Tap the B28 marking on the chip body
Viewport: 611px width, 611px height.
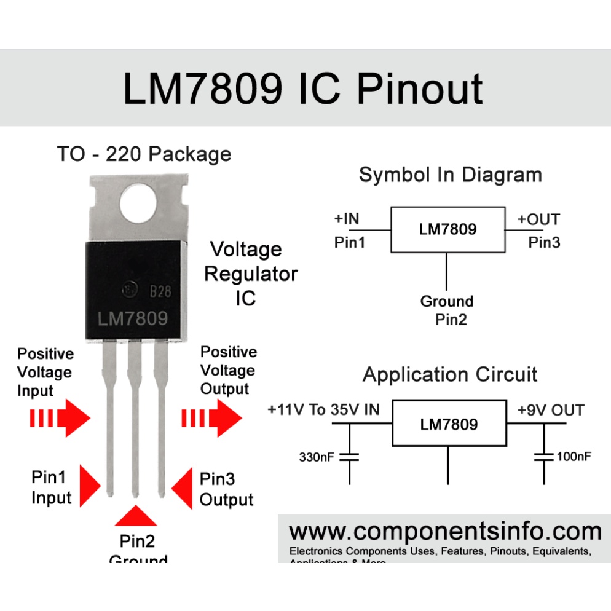(x=160, y=292)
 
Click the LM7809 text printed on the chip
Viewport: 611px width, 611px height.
(x=133, y=319)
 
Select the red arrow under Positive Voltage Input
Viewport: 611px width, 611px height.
(x=60, y=419)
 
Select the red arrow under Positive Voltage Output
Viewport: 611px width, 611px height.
(x=212, y=419)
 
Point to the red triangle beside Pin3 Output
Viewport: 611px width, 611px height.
(x=182, y=488)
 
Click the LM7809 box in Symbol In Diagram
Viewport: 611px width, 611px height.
(x=447, y=229)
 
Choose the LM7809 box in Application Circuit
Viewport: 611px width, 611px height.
(x=449, y=424)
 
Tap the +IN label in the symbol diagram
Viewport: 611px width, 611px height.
(x=347, y=218)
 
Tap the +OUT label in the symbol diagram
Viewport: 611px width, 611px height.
(x=538, y=219)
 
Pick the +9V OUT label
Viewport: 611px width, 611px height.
(x=551, y=410)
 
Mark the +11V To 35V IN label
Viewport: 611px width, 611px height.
(x=324, y=410)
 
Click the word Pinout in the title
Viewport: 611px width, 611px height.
(x=420, y=89)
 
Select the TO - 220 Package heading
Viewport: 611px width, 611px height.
(x=144, y=154)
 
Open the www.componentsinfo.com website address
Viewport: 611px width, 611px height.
(x=445, y=530)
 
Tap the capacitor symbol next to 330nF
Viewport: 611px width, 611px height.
(x=350, y=457)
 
